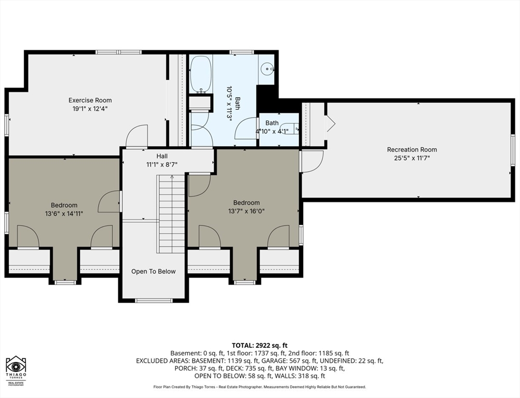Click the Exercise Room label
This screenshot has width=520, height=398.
(x=90, y=100)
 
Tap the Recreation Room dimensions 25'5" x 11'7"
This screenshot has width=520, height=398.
(x=412, y=158)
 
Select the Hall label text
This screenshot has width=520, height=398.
(x=162, y=156)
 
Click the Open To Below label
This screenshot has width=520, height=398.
(x=153, y=272)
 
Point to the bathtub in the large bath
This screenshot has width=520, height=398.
(x=201, y=74)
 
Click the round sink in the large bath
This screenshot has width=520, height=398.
(x=267, y=69)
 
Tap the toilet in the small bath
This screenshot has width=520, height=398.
(x=289, y=128)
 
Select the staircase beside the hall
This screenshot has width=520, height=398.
(x=171, y=214)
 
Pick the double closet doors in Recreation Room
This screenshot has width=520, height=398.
(x=331, y=123)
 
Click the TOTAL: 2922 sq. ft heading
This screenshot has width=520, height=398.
(x=259, y=346)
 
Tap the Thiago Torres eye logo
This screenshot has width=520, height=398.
(x=16, y=366)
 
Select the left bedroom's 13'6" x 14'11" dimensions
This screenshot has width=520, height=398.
(x=64, y=214)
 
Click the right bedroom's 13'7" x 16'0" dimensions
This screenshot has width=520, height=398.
(x=246, y=211)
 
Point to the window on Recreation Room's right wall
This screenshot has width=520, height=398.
(x=513, y=151)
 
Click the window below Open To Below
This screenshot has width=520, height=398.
(x=154, y=301)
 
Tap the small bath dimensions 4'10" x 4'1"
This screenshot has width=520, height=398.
(x=272, y=131)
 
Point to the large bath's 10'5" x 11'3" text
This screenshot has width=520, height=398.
(x=229, y=104)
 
